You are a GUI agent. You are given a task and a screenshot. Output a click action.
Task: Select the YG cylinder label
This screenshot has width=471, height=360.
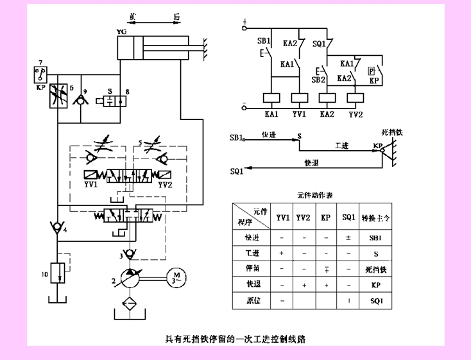coord(120,31)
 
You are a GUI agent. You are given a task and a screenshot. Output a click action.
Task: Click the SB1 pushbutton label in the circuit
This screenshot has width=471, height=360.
coord(264,40)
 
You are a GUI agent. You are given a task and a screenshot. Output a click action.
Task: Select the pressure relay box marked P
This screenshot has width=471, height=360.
coord(372,71)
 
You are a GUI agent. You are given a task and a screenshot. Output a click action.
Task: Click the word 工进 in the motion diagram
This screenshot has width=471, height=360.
coord(341,146)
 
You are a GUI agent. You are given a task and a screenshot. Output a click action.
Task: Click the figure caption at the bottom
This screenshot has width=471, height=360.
coord(235,339)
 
